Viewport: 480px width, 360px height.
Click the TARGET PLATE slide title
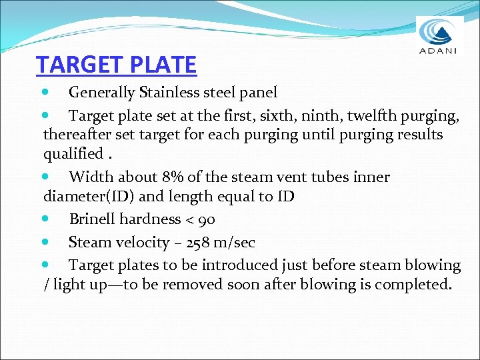tap(116, 65)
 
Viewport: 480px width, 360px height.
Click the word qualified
tap(73, 154)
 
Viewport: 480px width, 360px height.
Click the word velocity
tap(144, 243)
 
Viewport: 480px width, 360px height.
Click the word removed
tap(225, 285)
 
